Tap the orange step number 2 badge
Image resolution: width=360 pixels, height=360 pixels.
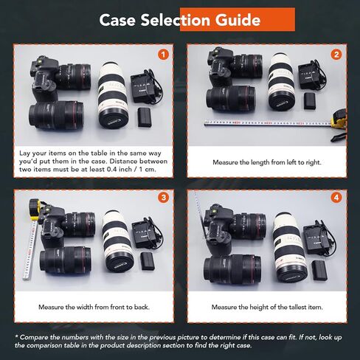tap(336, 54)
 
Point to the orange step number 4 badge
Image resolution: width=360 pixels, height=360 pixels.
tap(336, 198)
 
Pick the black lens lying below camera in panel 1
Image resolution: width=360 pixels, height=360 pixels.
tap(56, 114)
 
